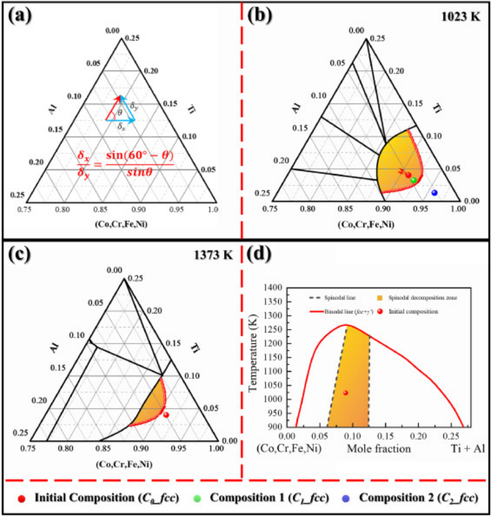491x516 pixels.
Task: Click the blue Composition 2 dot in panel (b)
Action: click(x=434, y=193)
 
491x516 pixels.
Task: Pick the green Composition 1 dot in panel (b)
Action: click(x=413, y=180)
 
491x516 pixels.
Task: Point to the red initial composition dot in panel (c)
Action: click(x=166, y=415)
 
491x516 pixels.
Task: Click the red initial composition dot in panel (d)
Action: click(x=345, y=393)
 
